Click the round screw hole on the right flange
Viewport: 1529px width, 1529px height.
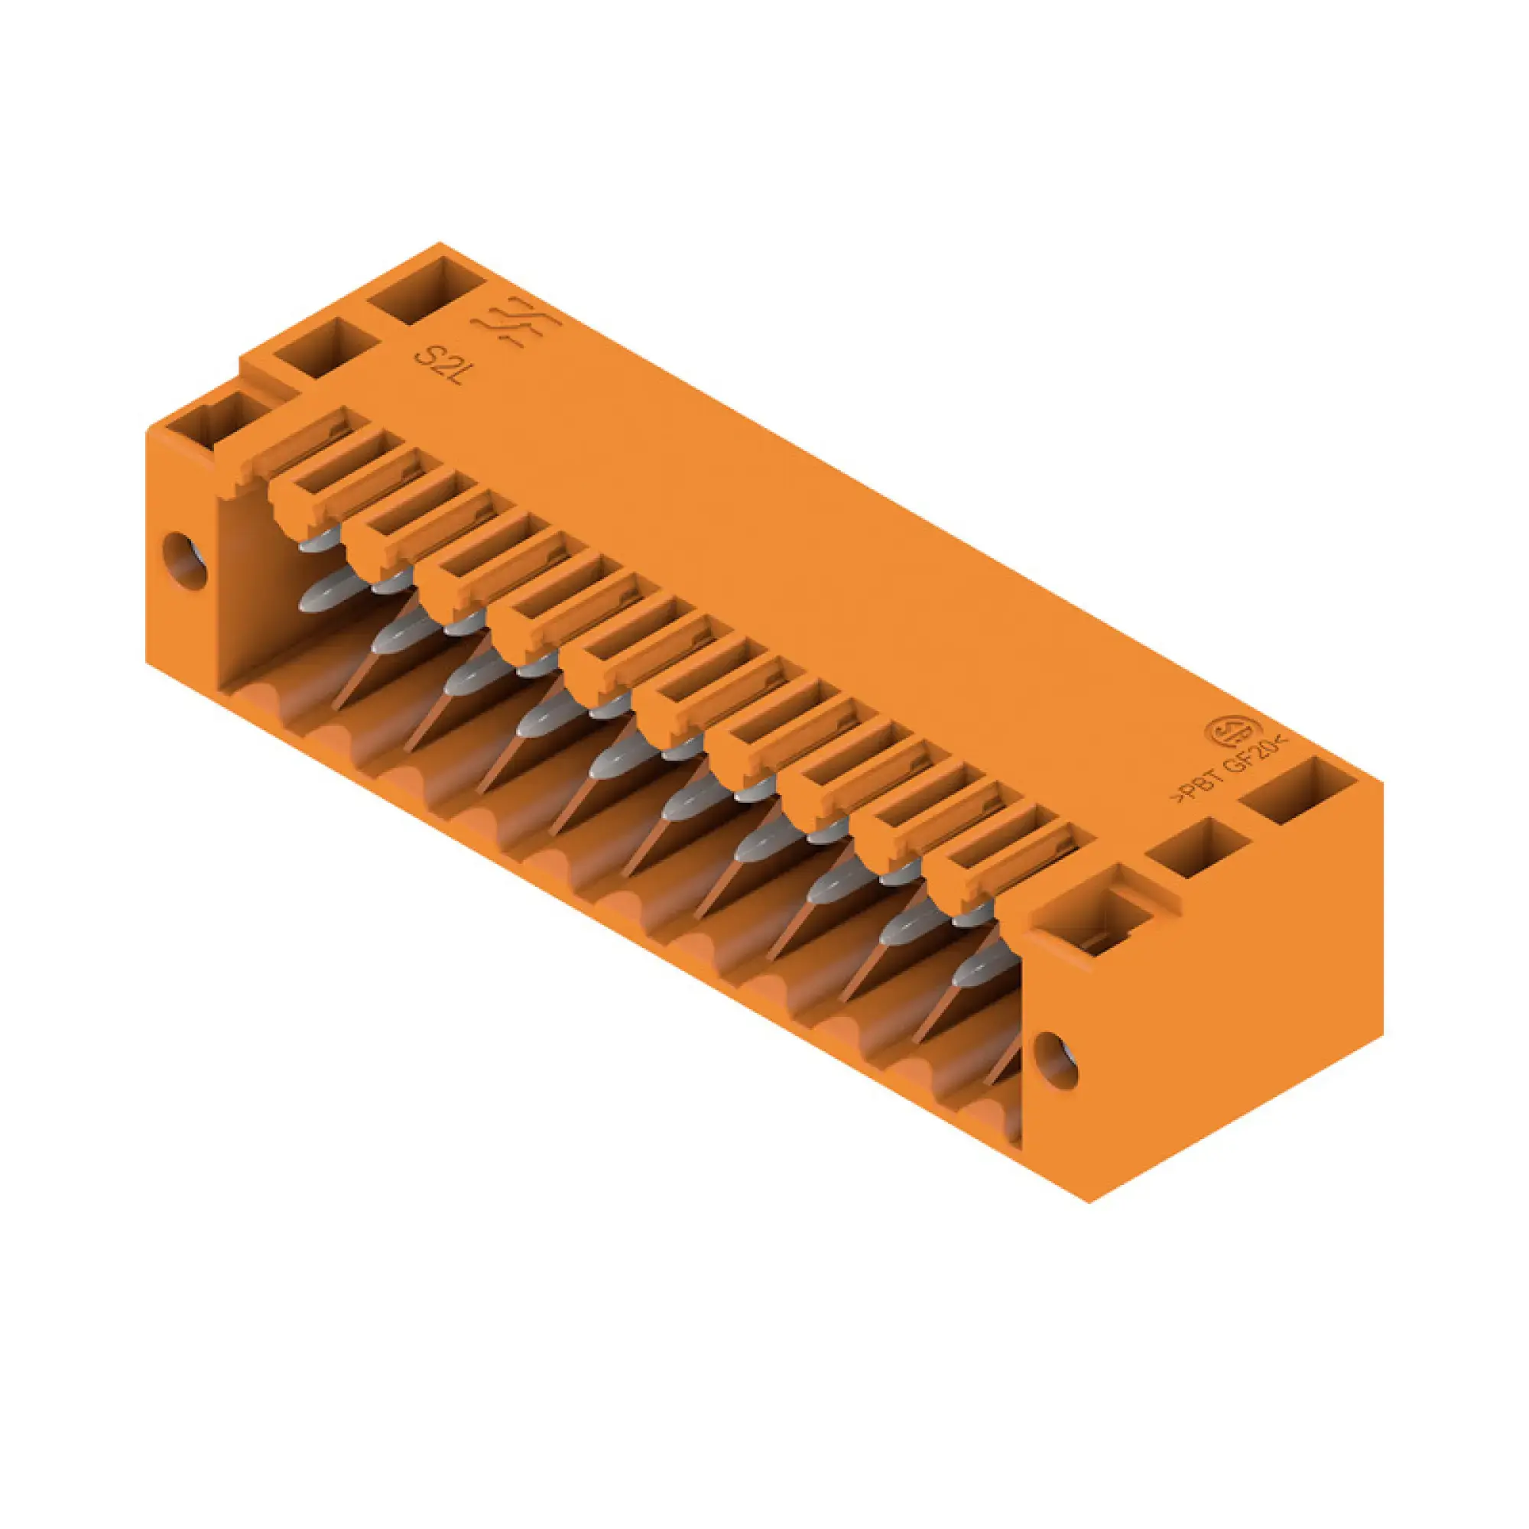(x=1056, y=1060)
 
